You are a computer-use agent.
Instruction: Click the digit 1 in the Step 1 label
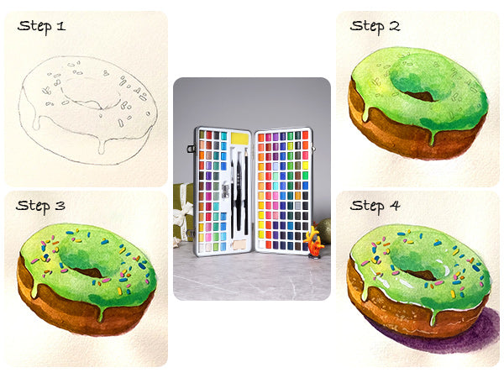[61, 26]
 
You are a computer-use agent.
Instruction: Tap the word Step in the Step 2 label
[366, 26]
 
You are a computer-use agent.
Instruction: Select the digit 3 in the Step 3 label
[60, 206]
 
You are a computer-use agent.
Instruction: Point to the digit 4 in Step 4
[395, 206]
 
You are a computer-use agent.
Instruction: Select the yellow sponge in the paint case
[240, 139]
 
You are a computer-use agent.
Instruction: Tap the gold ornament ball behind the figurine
[324, 230]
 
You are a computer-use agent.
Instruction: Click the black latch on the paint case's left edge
[192, 149]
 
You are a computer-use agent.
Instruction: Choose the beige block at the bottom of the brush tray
[239, 245]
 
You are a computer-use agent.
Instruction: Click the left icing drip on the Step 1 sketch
[36, 122]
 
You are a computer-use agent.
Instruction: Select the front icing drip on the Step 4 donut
[433, 317]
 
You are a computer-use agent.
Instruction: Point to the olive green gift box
[183, 213]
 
